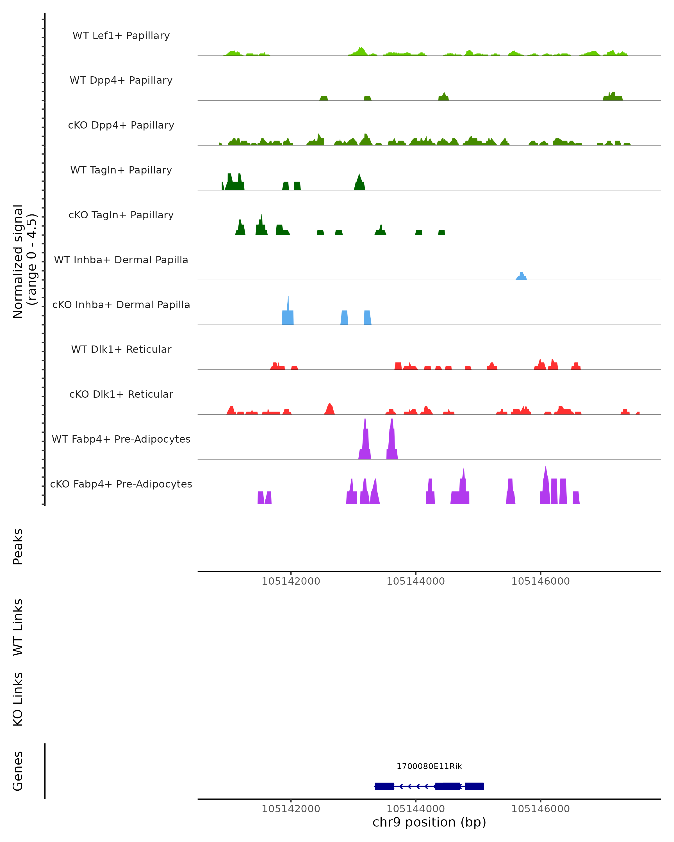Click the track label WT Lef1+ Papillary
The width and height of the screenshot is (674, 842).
[x=121, y=36]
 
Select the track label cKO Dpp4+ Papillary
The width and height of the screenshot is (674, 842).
[x=121, y=125]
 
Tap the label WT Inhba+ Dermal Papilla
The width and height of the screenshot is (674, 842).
[x=121, y=260]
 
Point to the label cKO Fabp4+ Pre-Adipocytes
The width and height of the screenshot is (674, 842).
[x=121, y=484]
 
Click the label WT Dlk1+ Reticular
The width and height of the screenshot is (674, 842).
[x=121, y=349]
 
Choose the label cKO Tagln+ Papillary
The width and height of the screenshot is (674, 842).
[x=121, y=215]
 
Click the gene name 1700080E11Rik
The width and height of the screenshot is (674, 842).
[x=429, y=767]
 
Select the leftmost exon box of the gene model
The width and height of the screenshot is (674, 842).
[x=384, y=786]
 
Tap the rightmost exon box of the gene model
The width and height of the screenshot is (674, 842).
[x=474, y=786]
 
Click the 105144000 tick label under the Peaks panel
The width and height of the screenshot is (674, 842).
[x=416, y=582]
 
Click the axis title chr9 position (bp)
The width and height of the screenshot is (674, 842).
[x=429, y=822]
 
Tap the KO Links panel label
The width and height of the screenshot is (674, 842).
[x=18, y=699]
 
